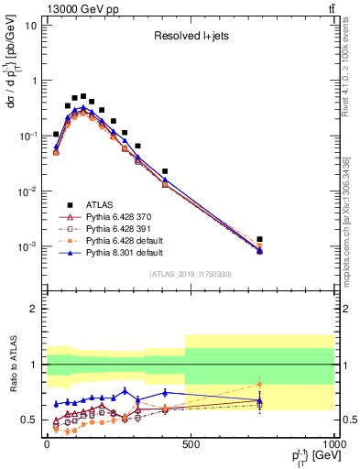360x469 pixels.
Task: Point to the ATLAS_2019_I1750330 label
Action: pos(190,274)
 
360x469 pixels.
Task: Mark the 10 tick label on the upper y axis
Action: pos(28,25)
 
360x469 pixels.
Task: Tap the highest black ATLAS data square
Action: pos(83,96)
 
